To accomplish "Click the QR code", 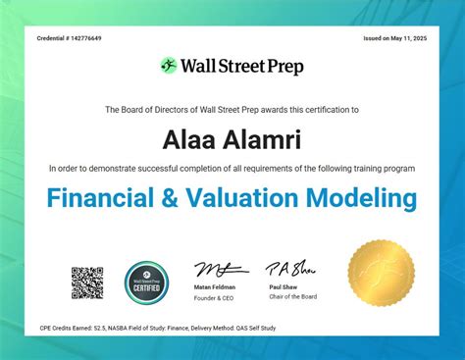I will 87,283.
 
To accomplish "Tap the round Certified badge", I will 147,283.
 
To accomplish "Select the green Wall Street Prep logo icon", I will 169,66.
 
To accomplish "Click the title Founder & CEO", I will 215,297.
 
